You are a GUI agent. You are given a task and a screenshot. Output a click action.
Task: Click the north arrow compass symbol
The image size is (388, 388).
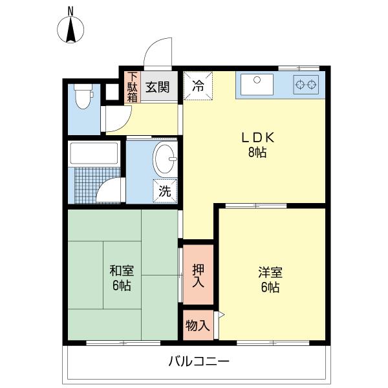pos(70,30)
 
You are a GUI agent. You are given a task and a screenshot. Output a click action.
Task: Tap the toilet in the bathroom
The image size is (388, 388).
pos(83,96)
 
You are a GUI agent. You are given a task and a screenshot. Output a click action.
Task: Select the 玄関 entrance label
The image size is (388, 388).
pos(158,87)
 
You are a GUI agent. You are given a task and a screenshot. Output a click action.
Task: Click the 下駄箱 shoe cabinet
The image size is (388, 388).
pos(133,87)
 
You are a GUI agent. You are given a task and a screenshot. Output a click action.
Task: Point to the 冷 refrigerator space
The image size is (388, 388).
pos(198,85)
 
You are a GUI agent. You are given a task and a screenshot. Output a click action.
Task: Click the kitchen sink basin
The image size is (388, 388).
pos(257,84)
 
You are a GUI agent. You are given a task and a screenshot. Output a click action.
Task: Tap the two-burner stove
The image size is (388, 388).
pos(306,85)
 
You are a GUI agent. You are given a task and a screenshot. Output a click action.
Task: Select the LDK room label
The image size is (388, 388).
pos(258,138)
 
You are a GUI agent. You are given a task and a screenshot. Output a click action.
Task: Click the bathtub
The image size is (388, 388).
pos(94,153)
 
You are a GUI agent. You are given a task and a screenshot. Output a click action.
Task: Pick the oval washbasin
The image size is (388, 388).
pos(165,159)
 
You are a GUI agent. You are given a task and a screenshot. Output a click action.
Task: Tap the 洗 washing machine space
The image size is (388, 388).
pos(165,191)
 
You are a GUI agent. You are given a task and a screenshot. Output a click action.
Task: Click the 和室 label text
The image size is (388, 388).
pos(122,271)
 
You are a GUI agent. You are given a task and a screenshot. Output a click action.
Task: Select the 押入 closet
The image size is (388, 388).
pos(198,275)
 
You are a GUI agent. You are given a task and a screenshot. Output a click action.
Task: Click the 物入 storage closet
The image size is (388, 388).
pos(198,325)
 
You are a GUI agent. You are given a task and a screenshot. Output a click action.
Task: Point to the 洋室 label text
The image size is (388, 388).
pos(270,272)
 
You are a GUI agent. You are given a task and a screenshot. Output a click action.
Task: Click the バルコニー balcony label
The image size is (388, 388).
pos(199,361)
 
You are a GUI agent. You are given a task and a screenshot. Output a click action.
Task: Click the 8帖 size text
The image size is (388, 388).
pos(257,152)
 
